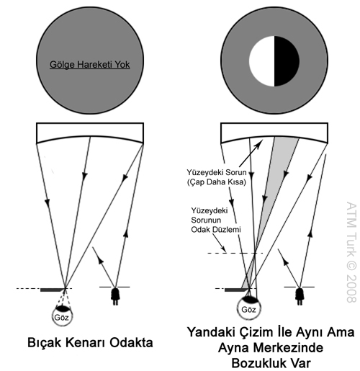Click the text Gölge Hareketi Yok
point(90,65)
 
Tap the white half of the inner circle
point(262,61)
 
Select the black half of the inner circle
point(287,61)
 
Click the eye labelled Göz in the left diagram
point(62,316)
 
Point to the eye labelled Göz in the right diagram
point(248,308)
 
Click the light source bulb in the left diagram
point(115,296)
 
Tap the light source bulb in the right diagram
point(300,296)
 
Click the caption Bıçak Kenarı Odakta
point(90,343)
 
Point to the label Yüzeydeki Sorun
point(217,172)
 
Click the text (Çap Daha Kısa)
point(217,182)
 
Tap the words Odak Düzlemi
point(216,230)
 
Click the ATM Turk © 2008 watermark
point(351,252)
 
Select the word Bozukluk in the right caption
point(258,363)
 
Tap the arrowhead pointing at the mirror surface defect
point(258,145)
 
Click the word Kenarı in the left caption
point(86,343)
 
